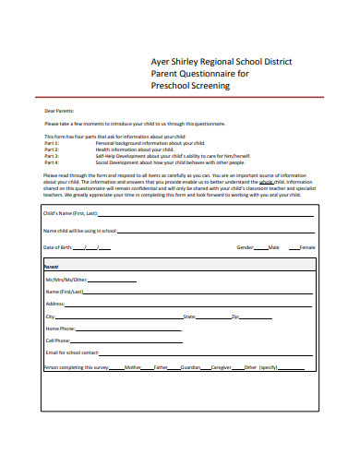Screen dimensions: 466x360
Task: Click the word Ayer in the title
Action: pyautogui.click(x=161, y=62)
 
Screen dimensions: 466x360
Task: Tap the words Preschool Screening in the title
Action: pyautogui.click(x=189, y=86)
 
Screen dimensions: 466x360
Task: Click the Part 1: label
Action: pyautogui.click(x=52, y=142)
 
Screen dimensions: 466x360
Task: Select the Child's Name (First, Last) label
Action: pyautogui.click(x=70, y=212)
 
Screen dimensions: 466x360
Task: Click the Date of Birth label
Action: pyautogui.click(x=58, y=247)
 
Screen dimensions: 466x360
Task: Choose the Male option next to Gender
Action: pyautogui.click(x=273, y=247)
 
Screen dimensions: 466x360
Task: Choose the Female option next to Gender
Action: pyautogui.click(x=307, y=247)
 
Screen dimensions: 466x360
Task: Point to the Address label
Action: pyautogui.click(x=55, y=303)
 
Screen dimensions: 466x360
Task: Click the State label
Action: pyautogui.click(x=189, y=316)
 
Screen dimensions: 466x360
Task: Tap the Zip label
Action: pyautogui.click(x=234, y=316)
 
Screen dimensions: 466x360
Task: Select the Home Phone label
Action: pyautogui.click(x=59, y=328)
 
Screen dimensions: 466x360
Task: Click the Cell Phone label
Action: pyautogui.click(x=58, y=340)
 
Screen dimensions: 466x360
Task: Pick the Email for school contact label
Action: pyautogui.click(x=72, y=352)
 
